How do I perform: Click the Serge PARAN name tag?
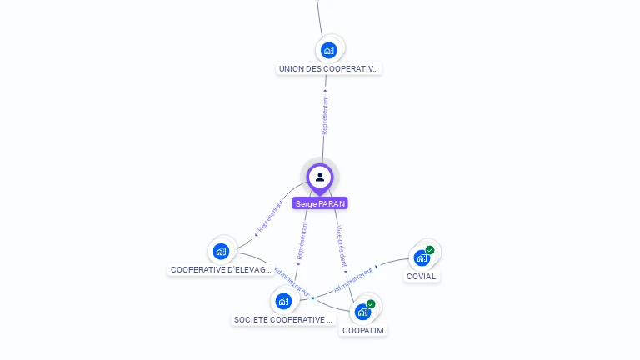tap(320, 203)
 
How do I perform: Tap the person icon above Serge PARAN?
tap(320, 177)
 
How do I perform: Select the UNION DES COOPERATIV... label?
tap(329, 68)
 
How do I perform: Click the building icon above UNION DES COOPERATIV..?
tap(329, 50)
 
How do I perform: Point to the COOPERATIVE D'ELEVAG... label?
tap(221, 270)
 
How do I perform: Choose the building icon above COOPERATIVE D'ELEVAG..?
tap(221, 251)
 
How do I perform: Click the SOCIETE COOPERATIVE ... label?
tap(283, 319)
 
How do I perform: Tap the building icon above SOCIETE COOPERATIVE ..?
tap(283, 301)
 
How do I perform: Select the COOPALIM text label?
tap(364, 330)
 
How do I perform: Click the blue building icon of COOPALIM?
tap(362, 312)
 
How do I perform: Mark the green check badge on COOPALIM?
tap(371, 304)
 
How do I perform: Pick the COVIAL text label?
tap(422, 276)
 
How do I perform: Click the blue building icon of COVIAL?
tap(422, 257)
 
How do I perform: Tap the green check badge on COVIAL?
tap(430, 250)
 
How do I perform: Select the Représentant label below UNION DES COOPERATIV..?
tap(325, 115)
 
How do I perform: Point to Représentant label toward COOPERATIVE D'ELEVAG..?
tap(271, 215)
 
